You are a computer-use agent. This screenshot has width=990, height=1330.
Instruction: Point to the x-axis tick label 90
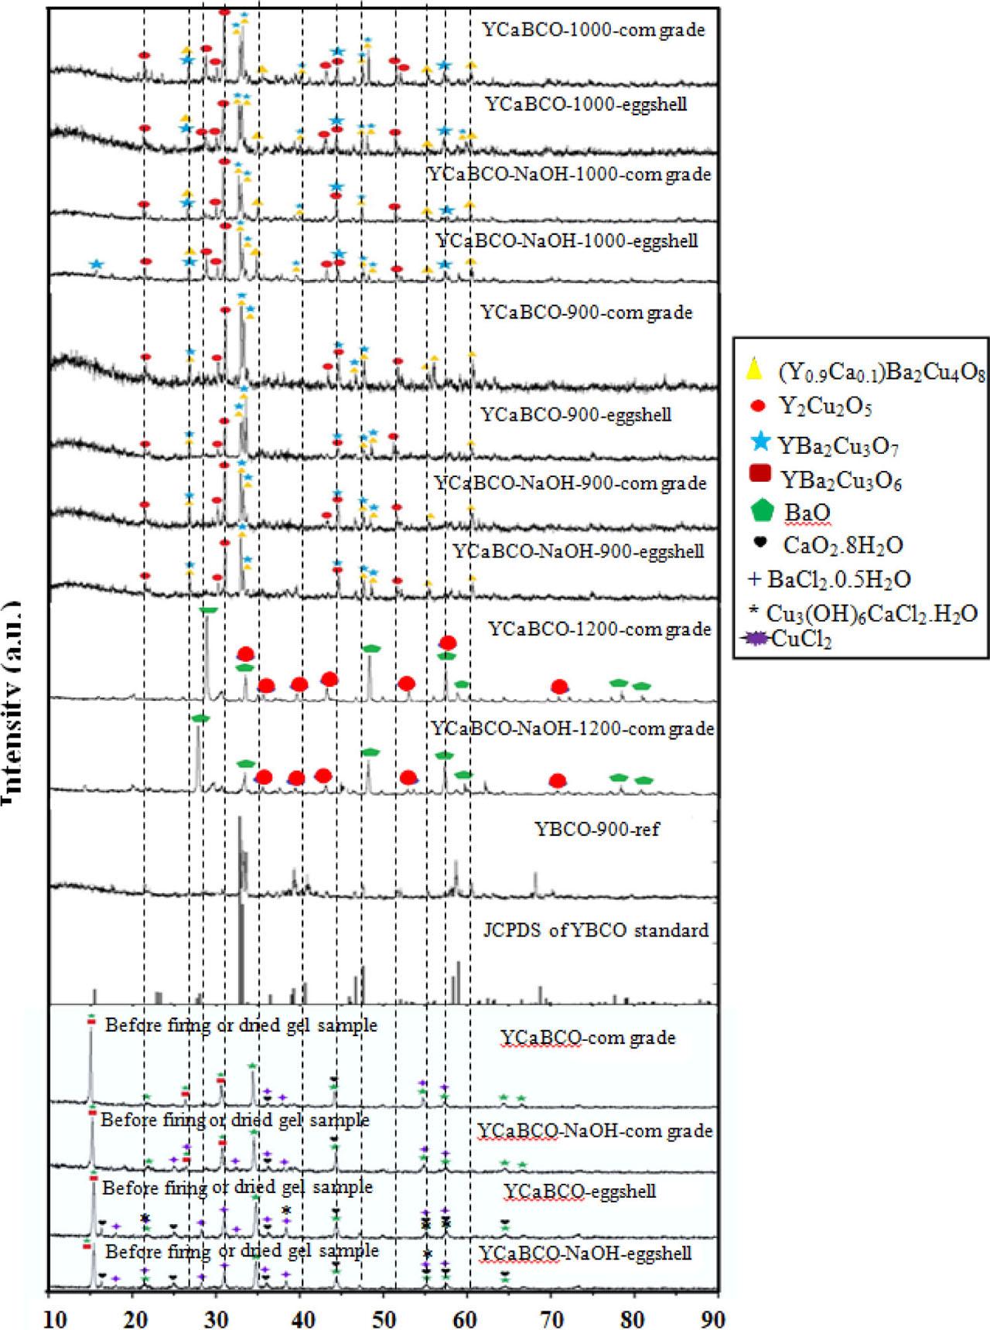[x=716, y=1316]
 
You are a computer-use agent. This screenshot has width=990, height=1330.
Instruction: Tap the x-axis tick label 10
[x=51, y=1316]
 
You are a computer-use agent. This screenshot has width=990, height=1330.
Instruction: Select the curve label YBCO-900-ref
[x=597, y=830]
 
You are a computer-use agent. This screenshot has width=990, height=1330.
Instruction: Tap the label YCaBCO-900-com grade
[x=586, y=312]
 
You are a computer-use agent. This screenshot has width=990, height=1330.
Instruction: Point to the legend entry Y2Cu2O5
[x=827, y=406]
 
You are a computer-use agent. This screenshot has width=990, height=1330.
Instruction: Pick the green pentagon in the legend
[x=762, y=511]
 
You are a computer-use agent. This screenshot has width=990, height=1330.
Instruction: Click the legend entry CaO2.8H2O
[x=842, y=546]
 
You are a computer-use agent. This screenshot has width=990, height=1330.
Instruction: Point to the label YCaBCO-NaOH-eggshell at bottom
[x=585, y=1253]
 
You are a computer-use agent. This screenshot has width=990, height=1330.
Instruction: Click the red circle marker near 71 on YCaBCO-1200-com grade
[x=559, y=686]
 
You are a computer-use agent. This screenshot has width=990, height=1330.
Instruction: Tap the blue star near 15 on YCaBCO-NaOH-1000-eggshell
[x=96, y=264]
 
